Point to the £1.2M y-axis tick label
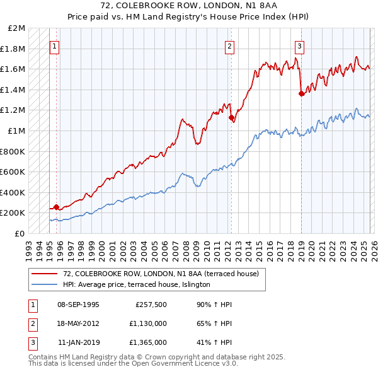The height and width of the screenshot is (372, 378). [x=14, y=110]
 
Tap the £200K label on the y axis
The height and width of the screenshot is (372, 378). [x=14, y=213]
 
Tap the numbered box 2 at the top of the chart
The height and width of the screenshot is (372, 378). [x=229, y=45]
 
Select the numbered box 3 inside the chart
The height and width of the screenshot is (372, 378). [x=299, y=45]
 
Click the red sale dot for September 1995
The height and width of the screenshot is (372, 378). [x=56, y=207]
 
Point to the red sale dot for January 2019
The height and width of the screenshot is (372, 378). [x=301, y=93]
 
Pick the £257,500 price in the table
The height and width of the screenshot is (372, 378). [x=151, y=305]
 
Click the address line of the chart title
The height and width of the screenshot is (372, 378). [x=189, y=6]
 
